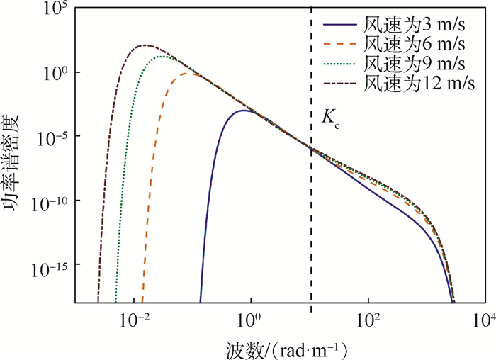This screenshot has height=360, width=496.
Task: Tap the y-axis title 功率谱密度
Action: click(x=16, y=156)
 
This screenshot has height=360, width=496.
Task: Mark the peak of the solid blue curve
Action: click(x=244, y=111)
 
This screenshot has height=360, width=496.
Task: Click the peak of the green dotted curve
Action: click(x=165, y=57)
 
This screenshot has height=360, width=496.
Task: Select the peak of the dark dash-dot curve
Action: click(x=145, y=45)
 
